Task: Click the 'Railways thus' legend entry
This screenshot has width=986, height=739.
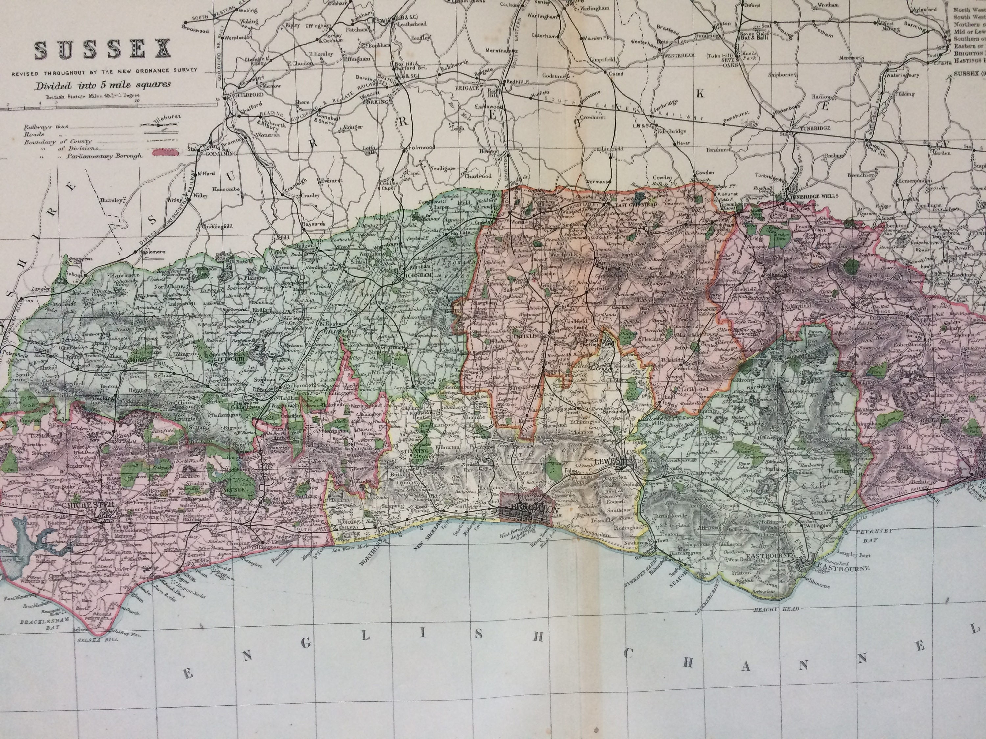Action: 46,126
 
